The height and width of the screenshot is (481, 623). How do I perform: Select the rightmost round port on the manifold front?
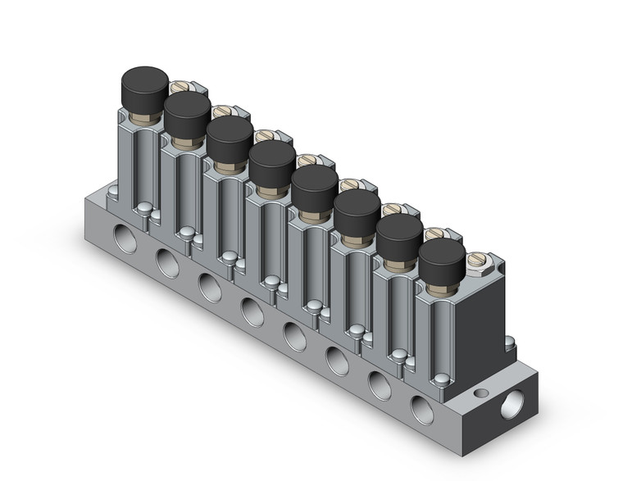pyautogui.click(x=423, y=408)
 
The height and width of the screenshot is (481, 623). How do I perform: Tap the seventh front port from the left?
pyautogui.click(x=380, y=383)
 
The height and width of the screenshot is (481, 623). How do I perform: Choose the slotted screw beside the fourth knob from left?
pyautogui.click(x=307, y=161)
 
